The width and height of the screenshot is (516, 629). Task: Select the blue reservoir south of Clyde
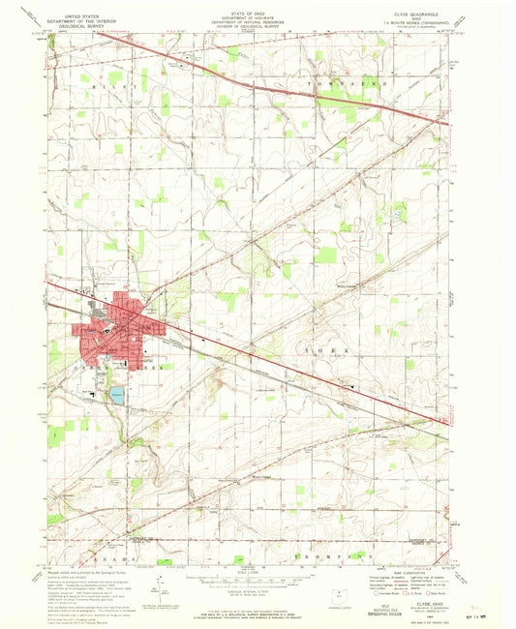117,395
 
